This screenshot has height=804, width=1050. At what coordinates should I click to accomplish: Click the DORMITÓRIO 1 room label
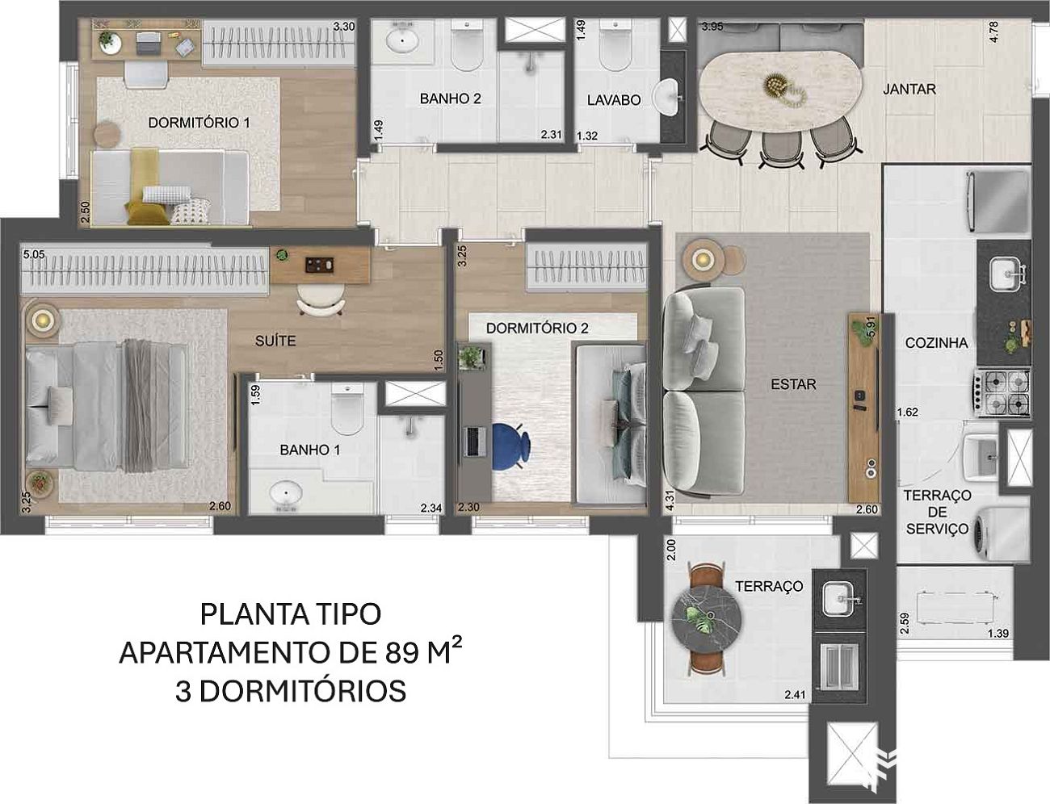pos(199,123)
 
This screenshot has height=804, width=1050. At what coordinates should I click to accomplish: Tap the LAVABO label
pos(614,100)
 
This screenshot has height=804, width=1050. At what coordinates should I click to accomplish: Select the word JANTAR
pos(909,90)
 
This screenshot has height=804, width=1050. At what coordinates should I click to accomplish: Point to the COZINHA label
pos(936,343)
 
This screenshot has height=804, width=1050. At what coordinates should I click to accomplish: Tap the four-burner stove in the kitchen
pos(1002,393)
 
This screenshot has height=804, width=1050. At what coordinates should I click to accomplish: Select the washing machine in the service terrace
pos(1002,529)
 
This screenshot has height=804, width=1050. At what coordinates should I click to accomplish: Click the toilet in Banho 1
pos(347,409)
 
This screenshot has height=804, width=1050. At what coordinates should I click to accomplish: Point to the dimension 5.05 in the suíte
pos(33,254)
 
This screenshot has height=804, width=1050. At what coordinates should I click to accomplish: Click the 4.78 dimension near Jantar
pos(993,31)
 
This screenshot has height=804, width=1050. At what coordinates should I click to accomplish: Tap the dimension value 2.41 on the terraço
pos(795,695)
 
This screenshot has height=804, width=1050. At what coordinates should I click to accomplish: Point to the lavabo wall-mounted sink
pos(667,98)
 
